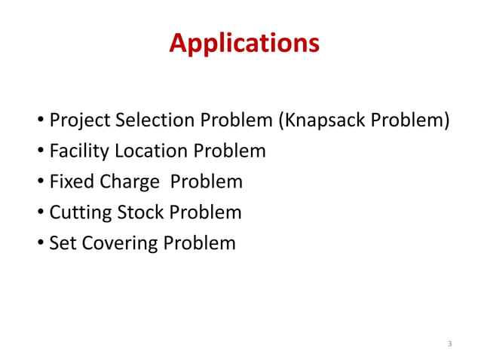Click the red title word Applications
pos(244,44)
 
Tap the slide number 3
pos(449,344)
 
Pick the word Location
pos(152,151)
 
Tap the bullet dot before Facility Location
pos(40,152)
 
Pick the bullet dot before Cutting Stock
pos(40,213)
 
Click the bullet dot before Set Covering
pos(40,244)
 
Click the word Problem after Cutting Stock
pos(205,212)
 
